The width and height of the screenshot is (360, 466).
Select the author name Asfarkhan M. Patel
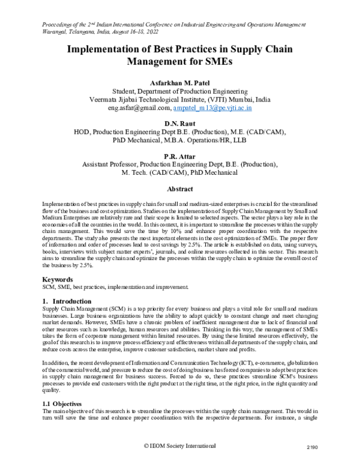pyautogui.click(x=179, y=81)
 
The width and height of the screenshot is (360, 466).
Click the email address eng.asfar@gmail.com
pyautogui.click(x=139, y=108)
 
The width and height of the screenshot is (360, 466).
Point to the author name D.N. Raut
pyautogui.click(x=179, y=123)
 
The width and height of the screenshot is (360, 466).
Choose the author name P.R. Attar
pyautogui.click(x=179, y=156)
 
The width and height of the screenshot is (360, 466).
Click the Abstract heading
pyautogui.click(x=179, y=188)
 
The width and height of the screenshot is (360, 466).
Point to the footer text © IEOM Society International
pyautogui.click(x=179, y=446)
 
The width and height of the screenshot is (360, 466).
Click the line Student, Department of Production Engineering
pyautogui.click(x=179, y=90)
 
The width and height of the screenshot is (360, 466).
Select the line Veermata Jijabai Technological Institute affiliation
pyautogui.click(x=179, y=99)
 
